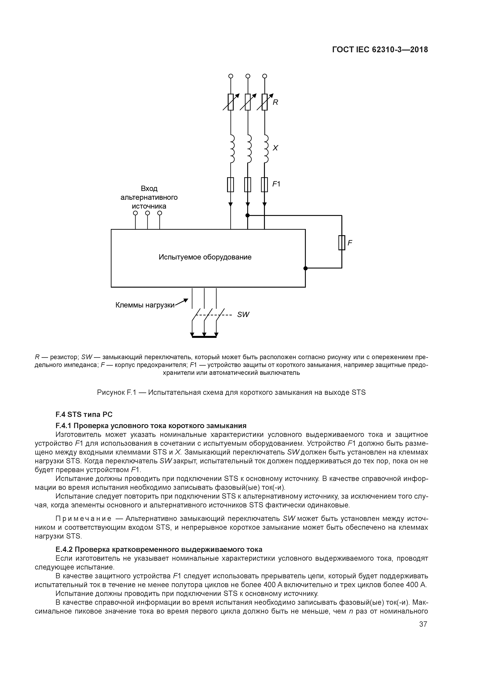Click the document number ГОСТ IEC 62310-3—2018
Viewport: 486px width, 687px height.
[380, 50]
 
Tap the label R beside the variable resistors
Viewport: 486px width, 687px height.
[275, 102]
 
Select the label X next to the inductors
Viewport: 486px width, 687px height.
[275, 148]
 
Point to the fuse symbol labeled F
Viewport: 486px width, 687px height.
[342, 243]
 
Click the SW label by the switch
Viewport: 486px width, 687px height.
[243, 315]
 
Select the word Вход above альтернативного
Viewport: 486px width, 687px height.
[149, 189]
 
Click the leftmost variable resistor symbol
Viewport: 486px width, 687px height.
[231, 102]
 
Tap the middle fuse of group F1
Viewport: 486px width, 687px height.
[248, 185]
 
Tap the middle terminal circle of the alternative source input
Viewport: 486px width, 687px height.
[147, 213]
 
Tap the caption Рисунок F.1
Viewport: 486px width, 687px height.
[231, 392]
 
